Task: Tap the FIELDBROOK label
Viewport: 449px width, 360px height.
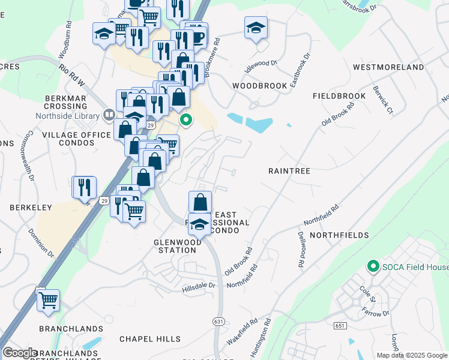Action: [339, 96]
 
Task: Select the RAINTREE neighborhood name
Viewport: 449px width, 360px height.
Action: [289, 171]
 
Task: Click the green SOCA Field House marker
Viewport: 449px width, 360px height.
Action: [373, 266]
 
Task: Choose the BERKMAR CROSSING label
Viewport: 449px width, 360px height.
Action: [65, 102]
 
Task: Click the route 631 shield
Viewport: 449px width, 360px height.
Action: [218, 322]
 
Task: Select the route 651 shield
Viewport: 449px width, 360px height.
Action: [341, 326]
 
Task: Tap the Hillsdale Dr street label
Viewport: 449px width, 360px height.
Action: [199, 290]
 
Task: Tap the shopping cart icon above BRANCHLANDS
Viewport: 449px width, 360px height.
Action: [48, 300]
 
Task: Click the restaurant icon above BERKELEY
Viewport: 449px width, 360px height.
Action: [84, 187]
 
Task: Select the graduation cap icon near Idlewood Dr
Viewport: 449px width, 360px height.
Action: [256, 28]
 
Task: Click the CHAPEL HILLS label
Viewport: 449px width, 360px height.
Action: [149, 339]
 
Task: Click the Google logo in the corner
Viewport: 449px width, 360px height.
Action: [20, 353]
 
